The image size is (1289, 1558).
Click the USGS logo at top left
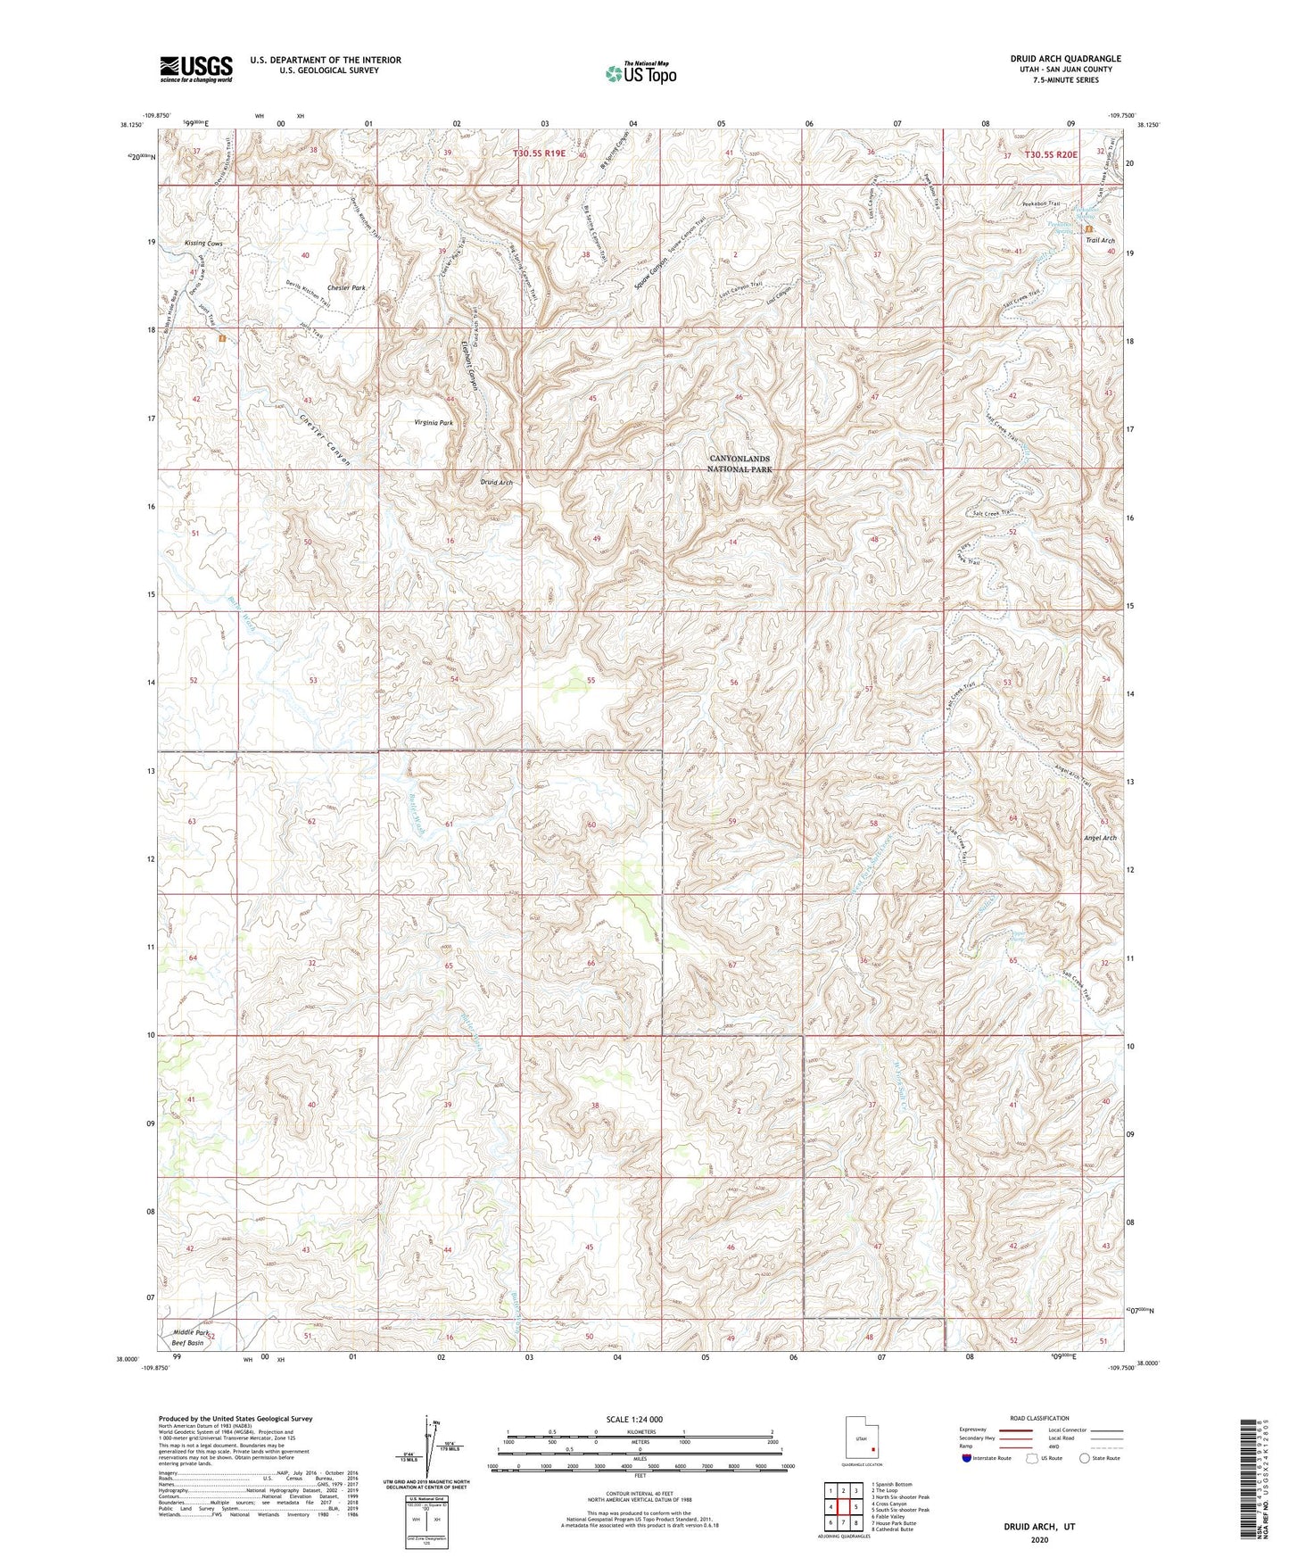pyautogui.click(x=196, y=68)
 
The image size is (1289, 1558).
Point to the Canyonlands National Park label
pyautogui.click(x=739, y=463)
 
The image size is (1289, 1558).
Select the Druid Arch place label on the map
pyautogui.click(x=496, y=482)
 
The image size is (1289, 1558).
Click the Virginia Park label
pyautogui.click(x=434, y=422)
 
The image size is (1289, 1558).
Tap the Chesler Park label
pyautogui.click(x=346, y=288)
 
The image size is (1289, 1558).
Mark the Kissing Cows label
pyautogui.click(x=203, y=243)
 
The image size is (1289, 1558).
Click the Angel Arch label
pyautogui.click(x=1099, y=838)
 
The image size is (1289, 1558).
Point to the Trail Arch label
pyautogui.click(x=1100, y=241)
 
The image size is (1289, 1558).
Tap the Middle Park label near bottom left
pyautogui.click(x=190, y=1332)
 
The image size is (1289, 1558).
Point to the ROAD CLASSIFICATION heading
pyautogui.click(x=1038, y=1418)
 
